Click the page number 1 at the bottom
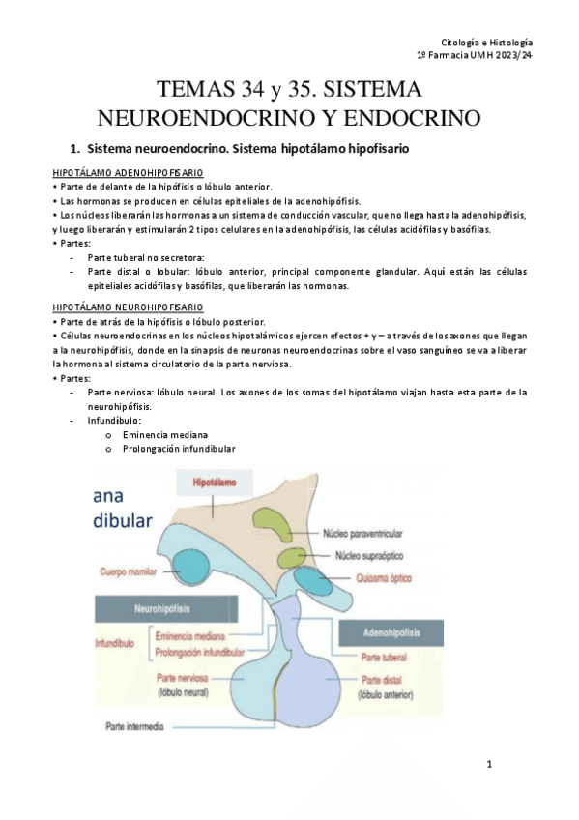[x=489, y=765]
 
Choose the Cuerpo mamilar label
[x=129, y=572]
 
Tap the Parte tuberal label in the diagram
[x=385, y=657]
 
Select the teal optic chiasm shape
[x=313, y=579]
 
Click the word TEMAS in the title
[x=199, y=91]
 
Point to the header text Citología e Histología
[x=486, y=43]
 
